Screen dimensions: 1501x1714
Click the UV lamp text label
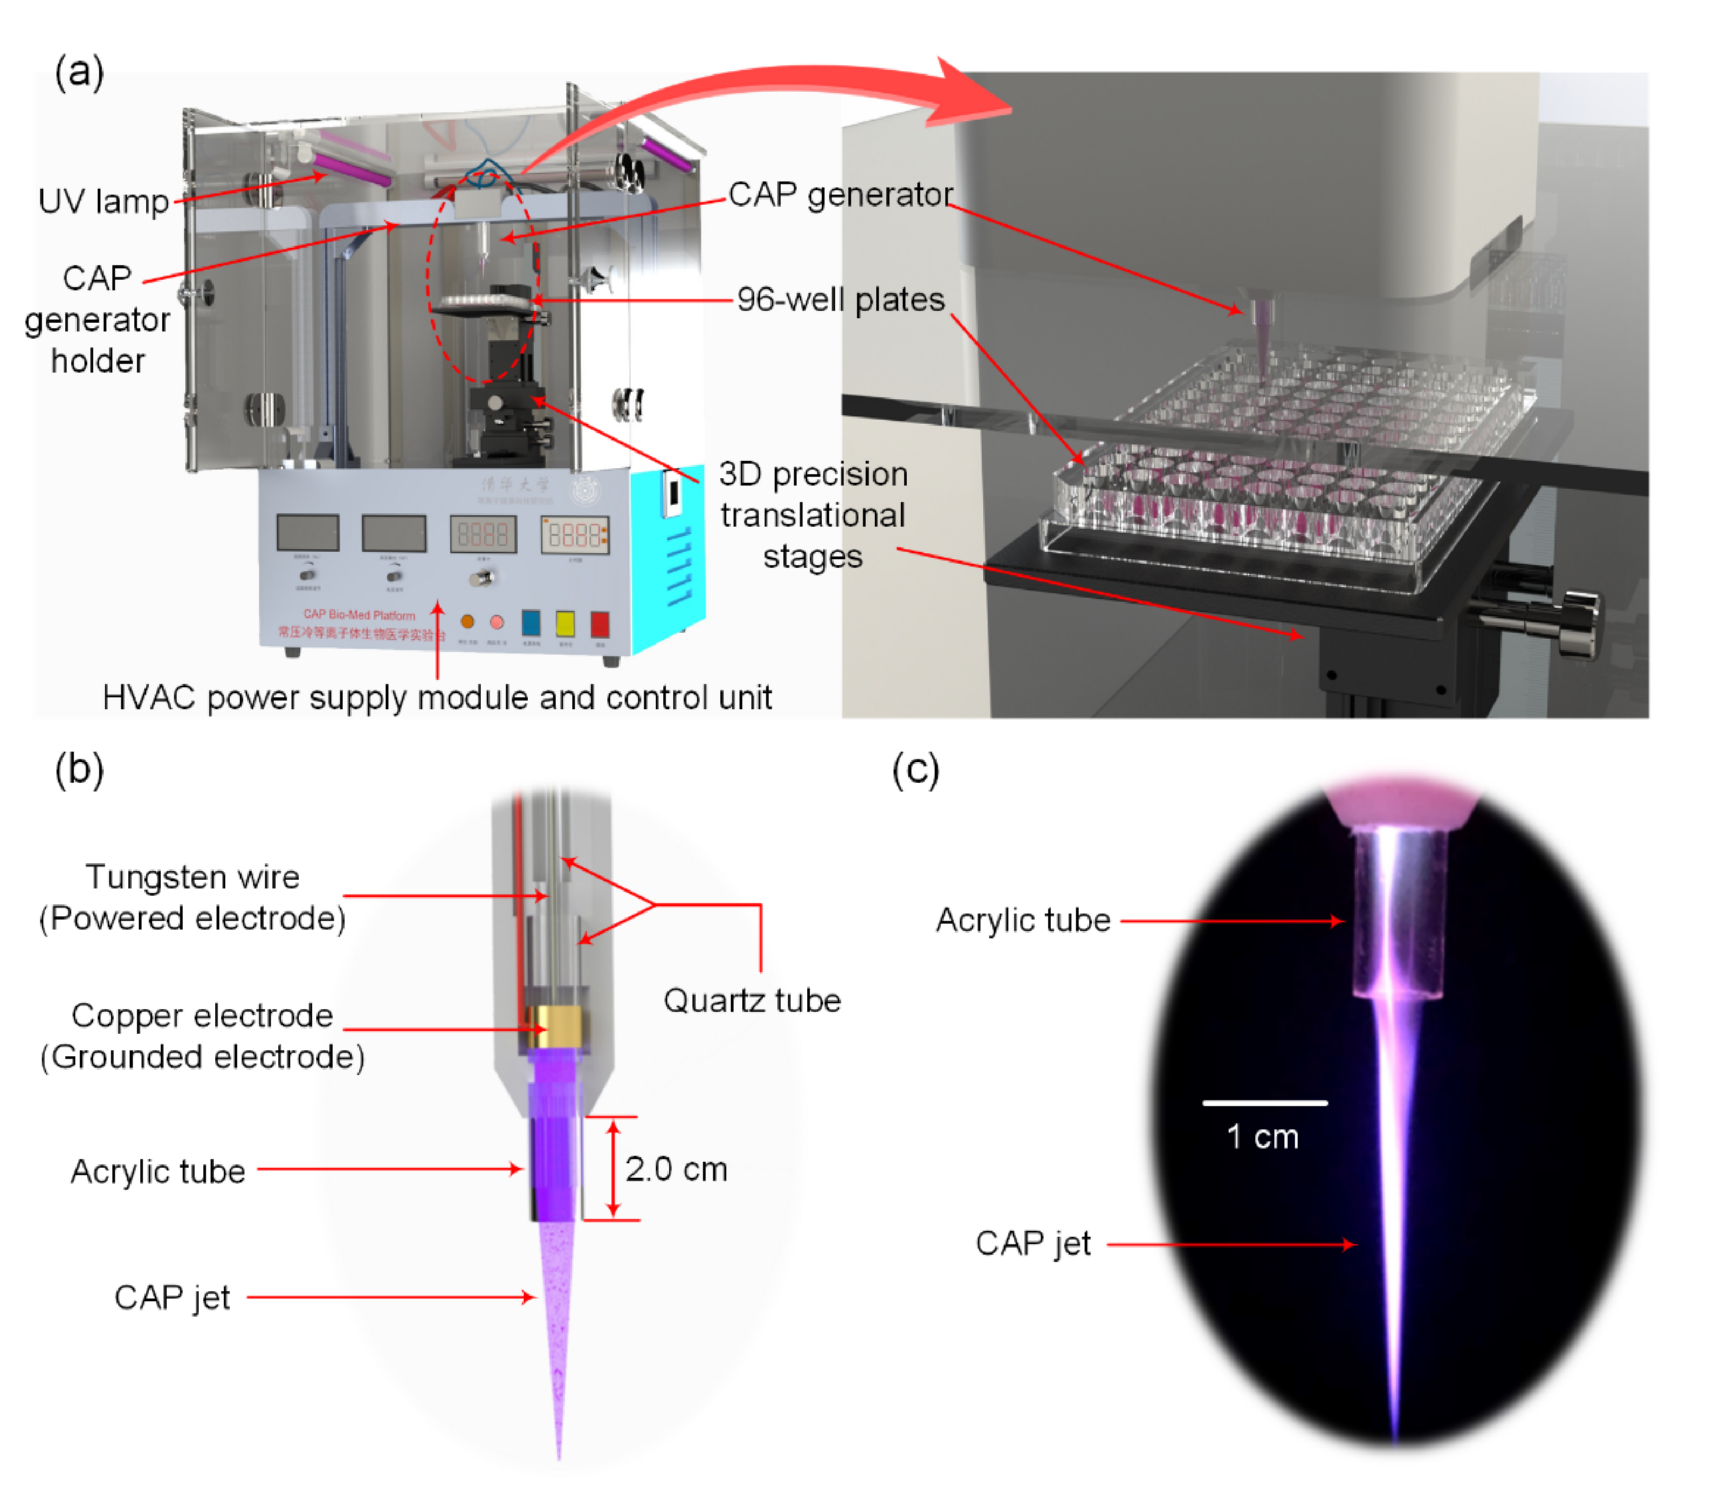[104, 202]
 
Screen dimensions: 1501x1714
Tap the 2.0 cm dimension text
[676, 1169]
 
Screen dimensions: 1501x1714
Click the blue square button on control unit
[531, 622]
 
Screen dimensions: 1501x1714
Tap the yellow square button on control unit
[565, 623]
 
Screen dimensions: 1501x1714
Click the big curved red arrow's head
[971, 94]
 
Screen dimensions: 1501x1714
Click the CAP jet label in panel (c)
[1032, 1244]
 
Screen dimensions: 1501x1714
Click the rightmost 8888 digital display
[574, 535]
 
